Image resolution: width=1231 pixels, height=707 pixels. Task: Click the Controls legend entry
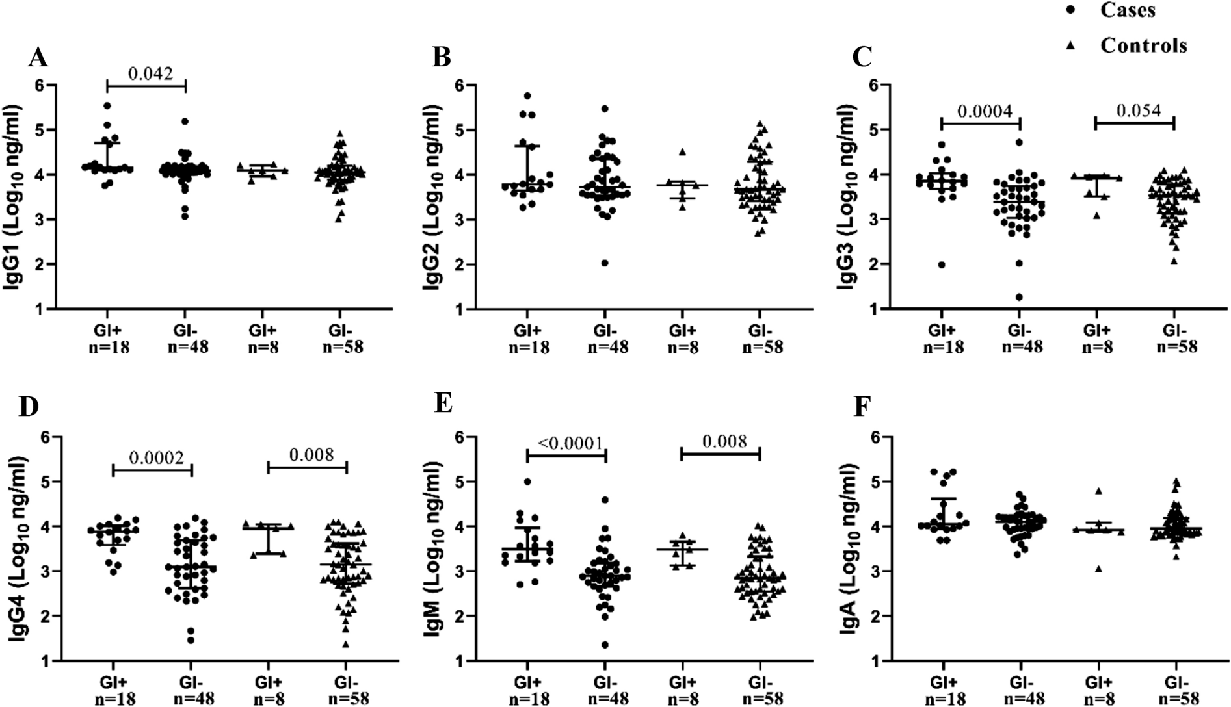pyautogui.click(x=1143, y=45)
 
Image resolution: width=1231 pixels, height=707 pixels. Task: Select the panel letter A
pyautogui.click(x=38, y=58)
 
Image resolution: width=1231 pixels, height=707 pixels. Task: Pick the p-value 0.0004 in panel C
pyautogui.click(x=981, y=111)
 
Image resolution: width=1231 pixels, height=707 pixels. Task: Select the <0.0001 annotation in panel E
pyautogui.click(x=565, y=443)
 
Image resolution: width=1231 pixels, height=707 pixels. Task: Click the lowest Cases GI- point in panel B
pyautogui.click(x=604, y=263)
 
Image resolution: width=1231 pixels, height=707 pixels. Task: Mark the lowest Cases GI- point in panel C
pyautogui.click(x=1019, y=297)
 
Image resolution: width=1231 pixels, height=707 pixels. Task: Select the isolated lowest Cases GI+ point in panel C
pyautogui.click(x=941, y=264)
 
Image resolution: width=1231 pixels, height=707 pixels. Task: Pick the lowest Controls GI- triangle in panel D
pyautogui.click(x=345, y=644)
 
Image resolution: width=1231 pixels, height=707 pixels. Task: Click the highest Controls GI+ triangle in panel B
pyautogui.click(x=682, y=152)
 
